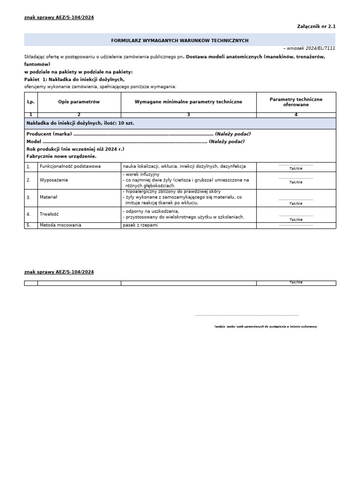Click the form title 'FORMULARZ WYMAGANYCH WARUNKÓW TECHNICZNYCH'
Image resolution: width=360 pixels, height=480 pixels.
(x=180, y=41)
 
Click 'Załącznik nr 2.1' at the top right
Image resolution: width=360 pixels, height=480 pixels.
(x=316, y=26)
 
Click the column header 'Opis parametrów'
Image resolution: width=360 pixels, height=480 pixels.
(x=79, y=102)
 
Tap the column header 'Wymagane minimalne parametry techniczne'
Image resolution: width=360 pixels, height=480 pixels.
(x=188, y=102)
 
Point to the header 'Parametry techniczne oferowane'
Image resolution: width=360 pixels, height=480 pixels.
(x=296, y=102)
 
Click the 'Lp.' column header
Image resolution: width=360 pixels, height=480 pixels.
(x=30, y=102)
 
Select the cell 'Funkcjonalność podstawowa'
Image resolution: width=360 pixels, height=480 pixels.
(x=70, y=166)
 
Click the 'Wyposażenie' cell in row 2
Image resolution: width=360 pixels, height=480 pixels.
(x=54, y=180)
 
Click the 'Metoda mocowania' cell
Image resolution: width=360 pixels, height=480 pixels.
(x=60, y=225)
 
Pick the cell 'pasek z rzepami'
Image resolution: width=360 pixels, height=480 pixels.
(x=141, y=225)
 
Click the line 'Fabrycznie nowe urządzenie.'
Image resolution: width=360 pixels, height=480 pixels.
(x=61, y=156)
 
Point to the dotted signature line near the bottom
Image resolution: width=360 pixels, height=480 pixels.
(x=247, y=315)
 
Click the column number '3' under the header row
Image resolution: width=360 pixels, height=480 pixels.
(x=188, y=115)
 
